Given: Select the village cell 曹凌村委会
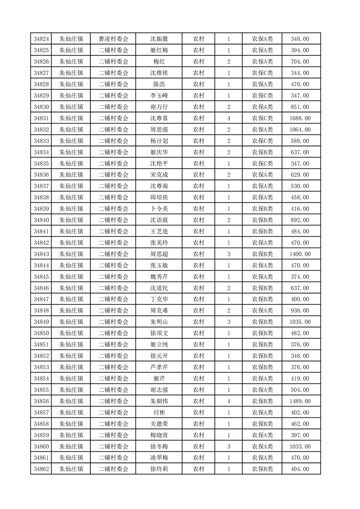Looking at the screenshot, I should pos(113,39).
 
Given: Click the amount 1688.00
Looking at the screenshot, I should pos(300,118).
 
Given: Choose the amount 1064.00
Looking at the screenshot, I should pos(300,130).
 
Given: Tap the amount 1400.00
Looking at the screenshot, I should pos(300,254).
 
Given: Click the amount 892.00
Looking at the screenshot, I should pos(300,220).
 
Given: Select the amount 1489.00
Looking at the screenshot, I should pos(300,401).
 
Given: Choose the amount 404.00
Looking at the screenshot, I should pos(300,469).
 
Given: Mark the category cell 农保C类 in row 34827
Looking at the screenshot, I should pos(262,73).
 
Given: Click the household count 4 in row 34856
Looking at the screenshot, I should pos(228,401).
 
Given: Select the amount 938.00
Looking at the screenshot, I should pos(300,311).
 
